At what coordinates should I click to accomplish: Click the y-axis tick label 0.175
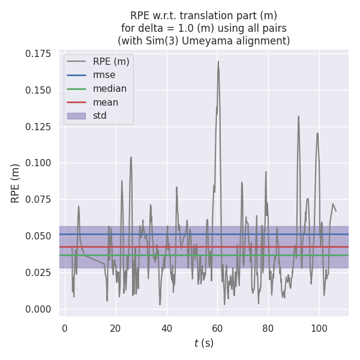(x=38, y=54)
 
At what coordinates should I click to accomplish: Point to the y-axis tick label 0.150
(x=38, y=91)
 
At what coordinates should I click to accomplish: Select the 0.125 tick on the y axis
(x=38, y=127)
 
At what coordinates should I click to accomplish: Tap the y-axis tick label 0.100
(x=38, y=163)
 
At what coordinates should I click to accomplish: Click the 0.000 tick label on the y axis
(x=38, y=309)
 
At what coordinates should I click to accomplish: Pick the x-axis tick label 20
(x=115, y=328)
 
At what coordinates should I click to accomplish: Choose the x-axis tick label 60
(x=217, y=328)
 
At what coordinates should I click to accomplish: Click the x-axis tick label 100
(x=319, y=328)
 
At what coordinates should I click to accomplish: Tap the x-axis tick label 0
(x=65, y=328)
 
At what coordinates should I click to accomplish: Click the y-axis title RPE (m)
(x=16, y=182)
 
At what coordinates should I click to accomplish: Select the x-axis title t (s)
(x=204, y=343)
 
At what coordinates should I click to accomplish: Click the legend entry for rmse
(x=104, y=75)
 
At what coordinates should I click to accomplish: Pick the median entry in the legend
(x=109, y=89)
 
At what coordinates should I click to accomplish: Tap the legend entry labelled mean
(x=106, y=102)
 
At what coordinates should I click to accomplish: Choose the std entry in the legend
(x=100, y=115)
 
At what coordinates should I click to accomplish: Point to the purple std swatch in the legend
(x=76, y=115)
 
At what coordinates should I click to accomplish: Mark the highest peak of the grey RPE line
(x=218, y=61)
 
